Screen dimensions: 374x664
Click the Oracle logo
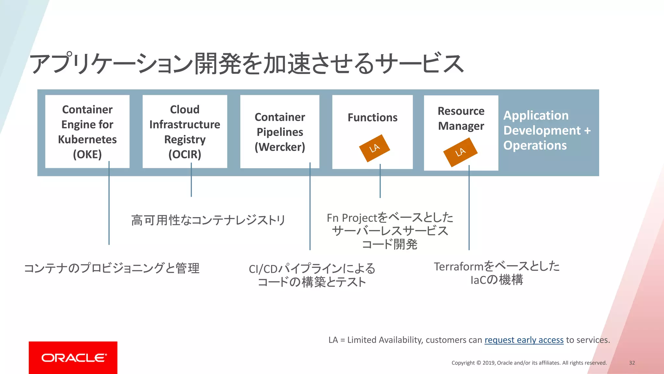pyautogui.click(x=73, y=357)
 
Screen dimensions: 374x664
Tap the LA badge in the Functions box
pyautogui.click(x=374, y=148)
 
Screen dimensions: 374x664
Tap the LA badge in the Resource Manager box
pyautogui.click(x=460, y=152)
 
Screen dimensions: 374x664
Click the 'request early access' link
pyautogui.click(x=524, y=340)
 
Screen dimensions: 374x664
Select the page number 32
pyautogui.click(x=632, y=363)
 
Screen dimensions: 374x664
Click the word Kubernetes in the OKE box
pyautogui.click(x=87, y=139)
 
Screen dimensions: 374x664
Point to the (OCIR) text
pyautogui.click(x=185, y=154)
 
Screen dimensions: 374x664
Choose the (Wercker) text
pyautogui.click(x=280, y=147)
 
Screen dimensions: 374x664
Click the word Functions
pyautogui.click(x=373, y=117)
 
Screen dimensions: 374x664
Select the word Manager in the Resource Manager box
pyautogui.click(x=461, y=126)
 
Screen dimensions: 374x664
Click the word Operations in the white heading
pyautogui.click(x=535, y=145)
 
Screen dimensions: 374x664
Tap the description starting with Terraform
pyautogui.click(x=497, y=266)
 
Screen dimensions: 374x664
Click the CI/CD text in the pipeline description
pyautogui.click(x=263, y=269)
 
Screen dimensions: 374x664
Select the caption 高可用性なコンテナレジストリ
pyautogui.click(x=208, y=220)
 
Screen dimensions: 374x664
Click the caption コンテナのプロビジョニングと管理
pyautogui.click(x=112, y=268)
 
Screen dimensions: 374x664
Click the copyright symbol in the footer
pyautogui.click(x=479, y=363)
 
